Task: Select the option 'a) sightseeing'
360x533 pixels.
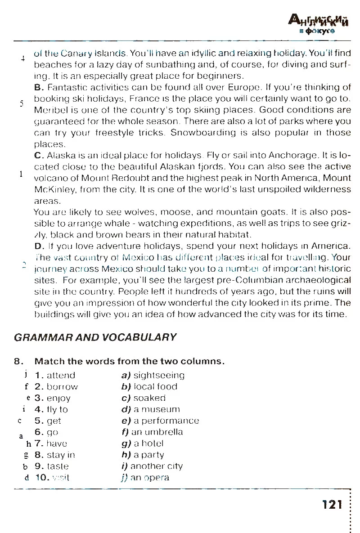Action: (153, 375)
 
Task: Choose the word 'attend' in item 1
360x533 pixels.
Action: (61, 375)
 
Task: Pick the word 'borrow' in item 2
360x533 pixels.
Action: (62, 387)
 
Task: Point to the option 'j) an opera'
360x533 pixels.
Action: (145, 478)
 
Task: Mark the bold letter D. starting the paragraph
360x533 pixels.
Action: (38, 246)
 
